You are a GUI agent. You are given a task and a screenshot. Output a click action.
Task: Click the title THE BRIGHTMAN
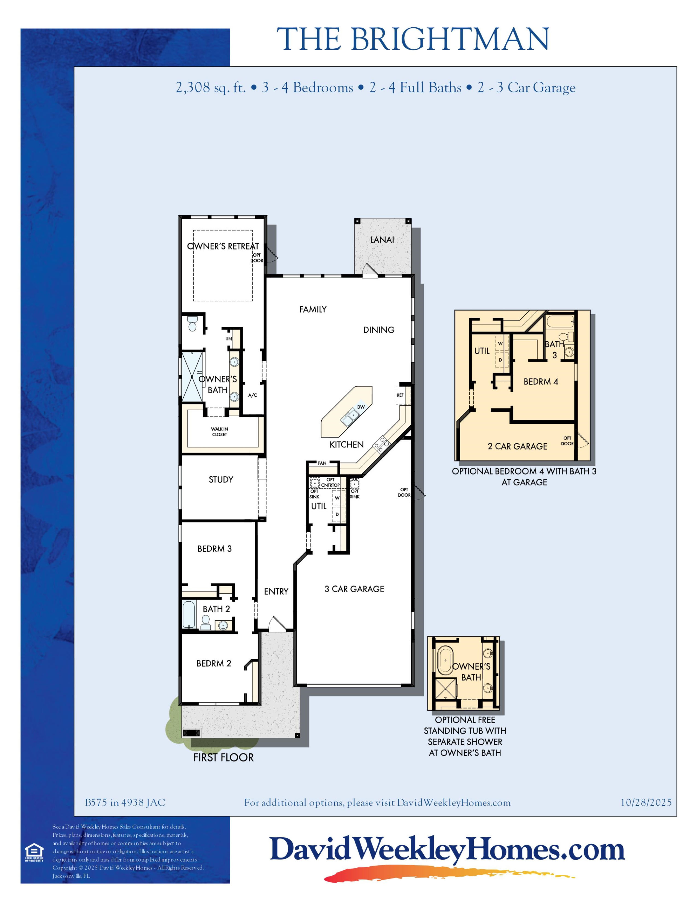pyautogui.click(x=413, y=39)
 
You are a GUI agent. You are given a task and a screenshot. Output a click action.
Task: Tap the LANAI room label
pyautogui.click(x=382, y=239)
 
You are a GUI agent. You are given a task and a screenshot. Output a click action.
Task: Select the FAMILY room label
pyautogui.click(x=313, y=309)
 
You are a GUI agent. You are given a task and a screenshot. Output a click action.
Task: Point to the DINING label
pyautogui.click(x=379, y=330)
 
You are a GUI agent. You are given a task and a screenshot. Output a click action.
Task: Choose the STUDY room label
pyautogui.click(x=221, y=479)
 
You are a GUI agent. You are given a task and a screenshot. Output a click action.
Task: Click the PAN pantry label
pyautogui.click(x=322, y=463)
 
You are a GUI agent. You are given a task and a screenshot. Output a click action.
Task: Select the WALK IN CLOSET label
pyautogui.click(x=220, y=432)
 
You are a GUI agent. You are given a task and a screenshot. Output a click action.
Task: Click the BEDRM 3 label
pyautogui.click(x=214, y=549)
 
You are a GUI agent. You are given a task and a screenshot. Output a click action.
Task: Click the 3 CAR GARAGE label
pyautogui.click(x=354, y=589)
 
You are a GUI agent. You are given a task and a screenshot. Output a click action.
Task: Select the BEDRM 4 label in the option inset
pyautogui.click(x=541, y=382)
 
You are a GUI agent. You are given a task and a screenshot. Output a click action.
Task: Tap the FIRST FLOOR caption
pyautogui.click(x=223, y=757)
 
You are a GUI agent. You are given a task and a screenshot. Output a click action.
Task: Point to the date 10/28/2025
pyautogui.click(x=646, y=803)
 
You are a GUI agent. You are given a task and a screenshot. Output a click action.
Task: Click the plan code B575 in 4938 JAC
pyautogui.click(x=125, y=803)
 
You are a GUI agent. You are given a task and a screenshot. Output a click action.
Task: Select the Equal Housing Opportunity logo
pyautogui.click(x=34, y=852)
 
